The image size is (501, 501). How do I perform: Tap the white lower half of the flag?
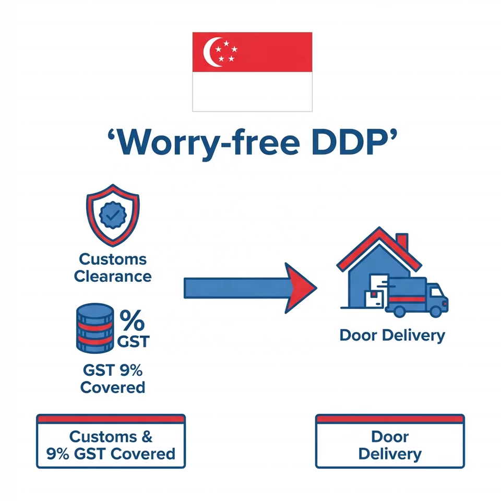(x=252, y=91)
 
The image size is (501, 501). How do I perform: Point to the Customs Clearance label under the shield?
(x=113, y=267)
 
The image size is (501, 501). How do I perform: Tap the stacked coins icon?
(x=95, y=327)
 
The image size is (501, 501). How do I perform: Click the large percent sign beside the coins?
(x=133, y=320)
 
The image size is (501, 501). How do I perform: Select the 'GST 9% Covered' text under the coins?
(x=113, y=379)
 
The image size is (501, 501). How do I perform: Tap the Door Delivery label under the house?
(x=392, y=335)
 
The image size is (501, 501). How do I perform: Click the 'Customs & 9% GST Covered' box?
(x=111, y=445)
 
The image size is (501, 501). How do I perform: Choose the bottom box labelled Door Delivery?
(x=390, y=445)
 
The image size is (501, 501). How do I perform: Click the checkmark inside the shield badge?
(x=113, y=214)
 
